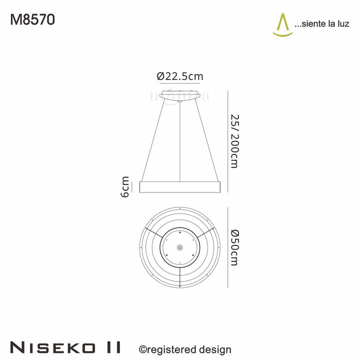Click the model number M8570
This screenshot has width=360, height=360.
click(32, 19)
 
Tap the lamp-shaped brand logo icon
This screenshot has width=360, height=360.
click(283, 25)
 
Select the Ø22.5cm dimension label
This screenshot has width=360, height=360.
click(180, 76)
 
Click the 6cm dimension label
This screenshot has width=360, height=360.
click(125, 186)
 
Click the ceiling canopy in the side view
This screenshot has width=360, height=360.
click(180, 94)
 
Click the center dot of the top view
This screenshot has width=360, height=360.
click(180, 247)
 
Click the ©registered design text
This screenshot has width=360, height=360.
click(184, 349)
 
